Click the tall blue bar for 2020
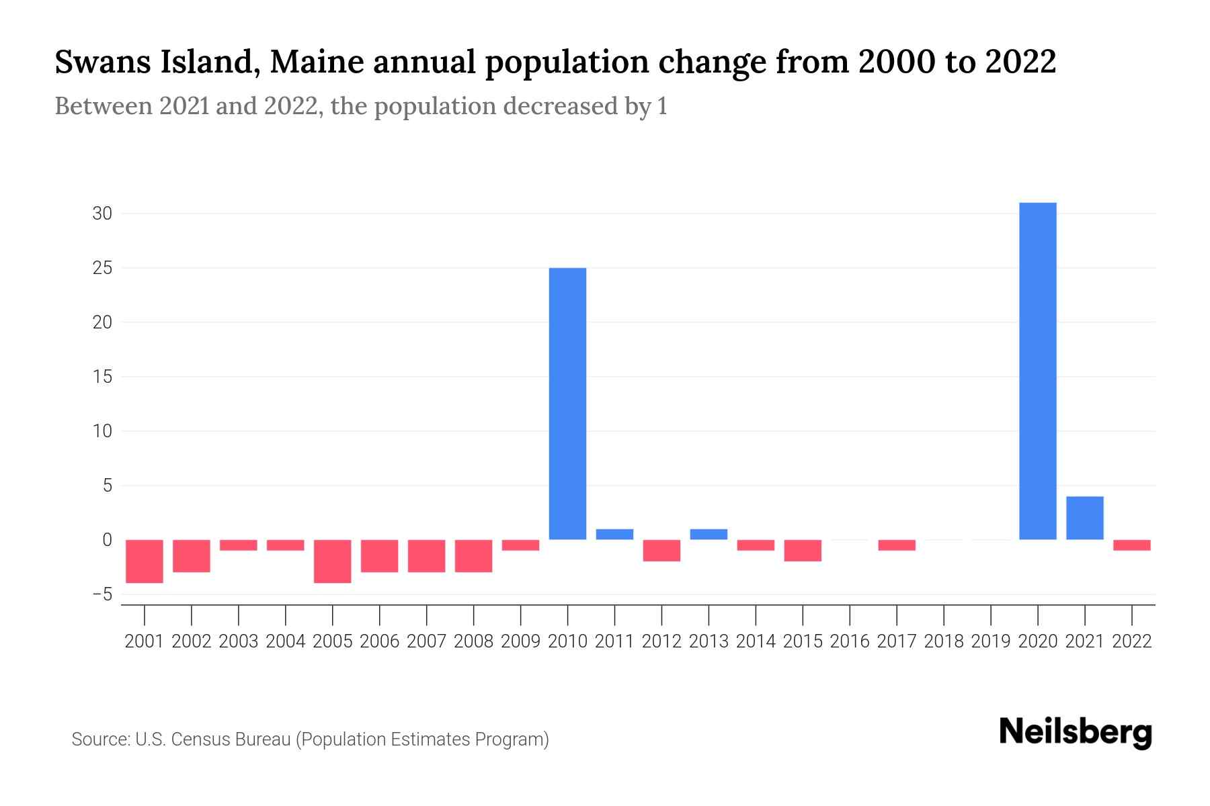tap(1038, 371)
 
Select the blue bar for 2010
tap(567, 403)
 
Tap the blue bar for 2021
tap(1085, 518)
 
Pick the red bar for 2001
tap(145, 561)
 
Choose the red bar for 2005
tap(333, 561)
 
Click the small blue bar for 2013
tap(709, 534)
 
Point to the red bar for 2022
tap(1132, 545)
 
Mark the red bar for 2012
tap(661, 550)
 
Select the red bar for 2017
tap(897, 545)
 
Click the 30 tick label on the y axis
tap(102, 214)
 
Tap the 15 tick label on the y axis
tap(102, 377)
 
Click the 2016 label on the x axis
tap(850, 641)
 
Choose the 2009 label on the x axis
tap(520, 641)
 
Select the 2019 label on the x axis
tap(991, 641)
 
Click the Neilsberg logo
tap(1076, 733)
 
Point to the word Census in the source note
tap(199, 740)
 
